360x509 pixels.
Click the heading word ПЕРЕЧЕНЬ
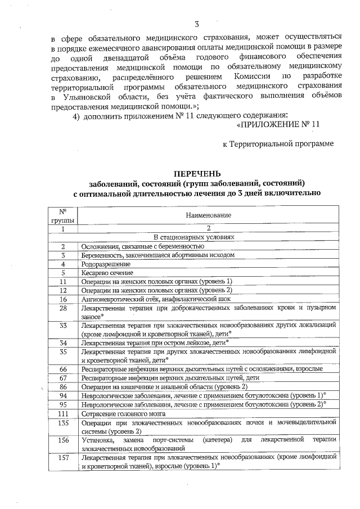click(197, 173)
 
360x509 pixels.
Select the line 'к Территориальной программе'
click(278, 143)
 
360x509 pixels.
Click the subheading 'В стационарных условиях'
click(208, 238)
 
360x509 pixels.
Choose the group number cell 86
click(63, 386)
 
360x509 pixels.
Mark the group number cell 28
click(63, 308)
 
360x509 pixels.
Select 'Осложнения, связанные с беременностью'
click(142, 246)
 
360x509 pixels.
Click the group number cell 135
click(63, 422)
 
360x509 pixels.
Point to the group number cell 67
click(63, 377)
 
